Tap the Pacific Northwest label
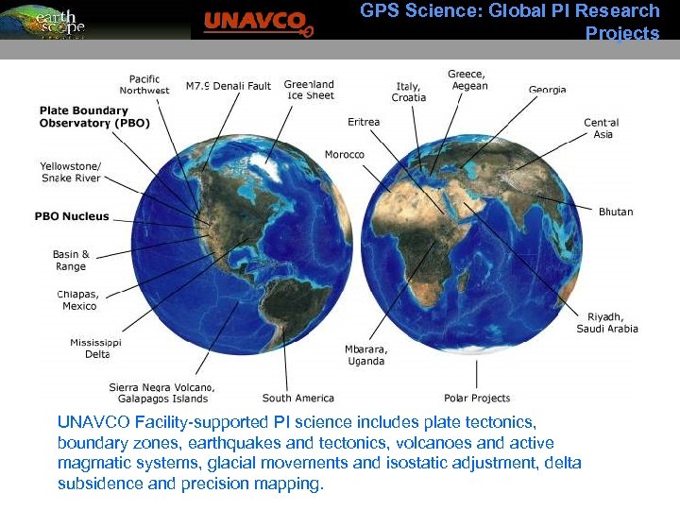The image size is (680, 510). click(144, 85)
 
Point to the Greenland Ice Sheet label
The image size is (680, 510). click(309, 91)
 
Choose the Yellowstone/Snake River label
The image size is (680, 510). click(70, 172)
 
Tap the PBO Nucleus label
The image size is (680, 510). click(72, 216)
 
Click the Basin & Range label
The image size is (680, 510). click(71, 260)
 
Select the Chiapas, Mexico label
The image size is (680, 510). click(78, 299)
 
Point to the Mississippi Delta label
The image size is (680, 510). click(95, 348)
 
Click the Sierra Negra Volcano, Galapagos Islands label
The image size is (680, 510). click(161, 392)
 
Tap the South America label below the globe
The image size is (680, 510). click(297, 398)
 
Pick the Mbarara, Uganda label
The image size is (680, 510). click(365, 354)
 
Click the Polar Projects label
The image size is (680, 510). click(477, 398)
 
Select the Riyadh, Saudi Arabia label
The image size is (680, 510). click(607, 322)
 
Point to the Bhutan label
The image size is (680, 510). click(616, 212)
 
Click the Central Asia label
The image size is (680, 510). click(601, 128)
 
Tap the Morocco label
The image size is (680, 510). click(345, 154)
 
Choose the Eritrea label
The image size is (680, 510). click(364, 122)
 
